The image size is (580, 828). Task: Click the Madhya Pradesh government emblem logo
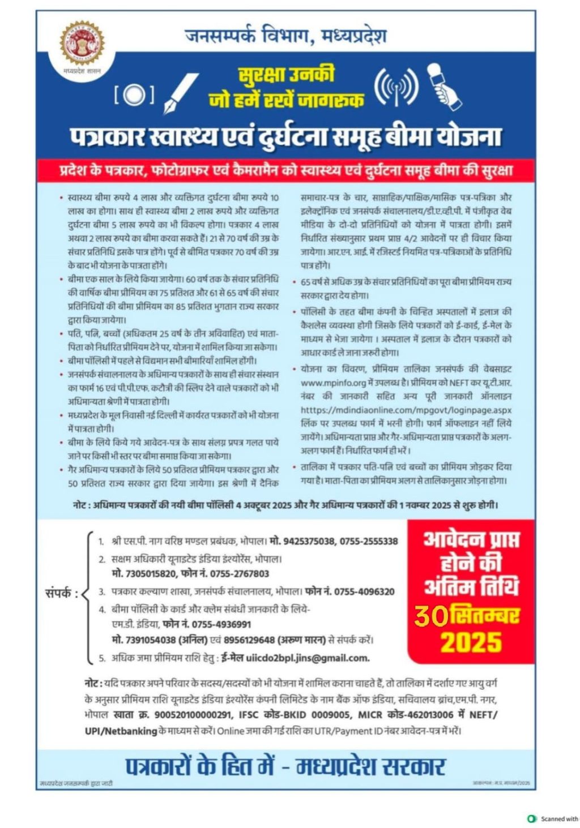[x=82, y=44]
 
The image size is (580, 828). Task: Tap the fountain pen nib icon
[x=181, y=93]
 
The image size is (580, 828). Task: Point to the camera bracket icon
[x=134, y=95]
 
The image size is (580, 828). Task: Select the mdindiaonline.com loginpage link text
[x=406, y=410]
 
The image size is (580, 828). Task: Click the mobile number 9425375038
[x=309, y=541]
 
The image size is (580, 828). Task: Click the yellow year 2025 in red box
[x=471, y=643]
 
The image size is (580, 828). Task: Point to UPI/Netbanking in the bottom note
[x=121, y=731]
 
